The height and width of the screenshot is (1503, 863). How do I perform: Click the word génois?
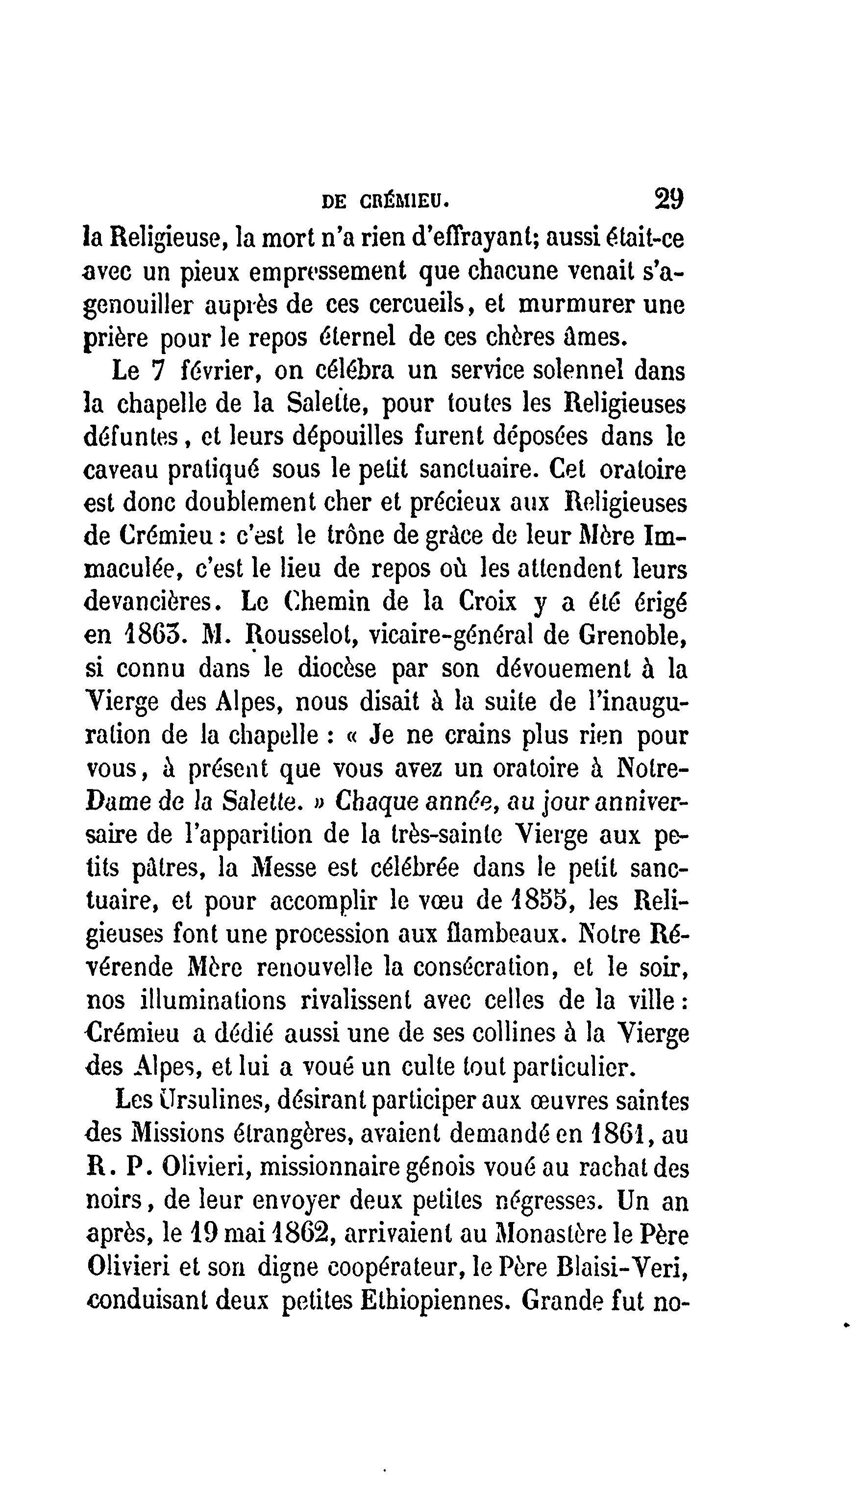pos(441,1168)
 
